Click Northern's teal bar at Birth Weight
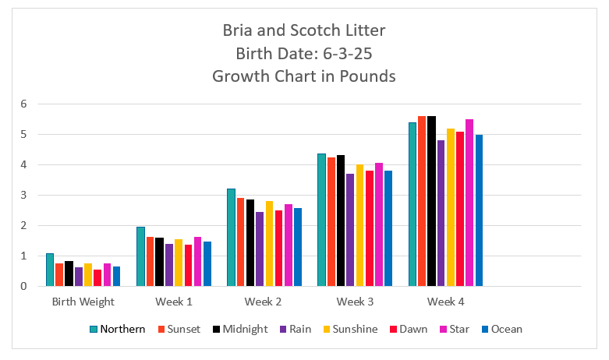50,270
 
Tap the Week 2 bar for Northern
231,238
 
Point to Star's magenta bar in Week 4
469,203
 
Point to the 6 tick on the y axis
24,104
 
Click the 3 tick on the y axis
24,195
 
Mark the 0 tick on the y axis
24,286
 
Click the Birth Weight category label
83,302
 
